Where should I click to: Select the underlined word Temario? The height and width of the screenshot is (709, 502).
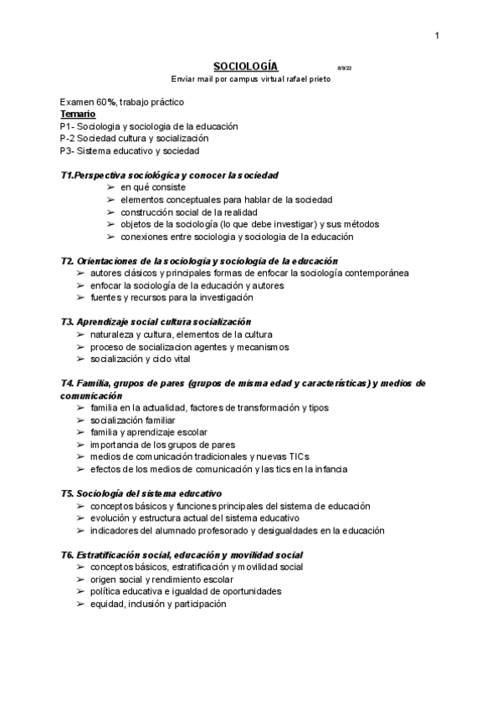pyautogui.click(x=77, y=114)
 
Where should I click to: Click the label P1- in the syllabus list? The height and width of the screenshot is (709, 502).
pyautogui.click(x=69, y=126)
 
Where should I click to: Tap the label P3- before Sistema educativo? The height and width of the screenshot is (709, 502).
pyautogui.click(x=69, y=150)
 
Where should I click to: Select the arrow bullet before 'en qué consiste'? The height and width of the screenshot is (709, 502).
pyautogui.click(x=111, y=187)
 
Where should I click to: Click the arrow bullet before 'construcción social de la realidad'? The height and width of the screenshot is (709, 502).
pyautogui.click(x=111, y=212)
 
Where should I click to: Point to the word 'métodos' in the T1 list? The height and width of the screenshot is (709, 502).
pyautogui.click(x=361, y=224)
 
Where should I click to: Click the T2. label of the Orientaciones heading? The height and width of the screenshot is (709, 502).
pyautogui.click(x=67, y=261)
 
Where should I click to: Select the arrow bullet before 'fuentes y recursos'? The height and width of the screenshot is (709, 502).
pyautogui.click(x=80, y=298)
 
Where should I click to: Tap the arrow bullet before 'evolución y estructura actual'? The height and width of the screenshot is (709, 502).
pyautogui.click(x=80, y=518)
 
